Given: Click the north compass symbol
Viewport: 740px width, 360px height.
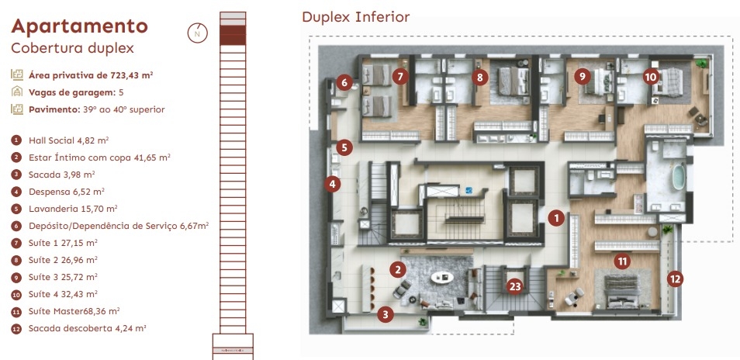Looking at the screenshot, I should (198, 33).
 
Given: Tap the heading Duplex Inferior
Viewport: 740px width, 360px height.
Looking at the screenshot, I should (355, 16).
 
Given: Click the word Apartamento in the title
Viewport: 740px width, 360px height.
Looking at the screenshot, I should (79, 26).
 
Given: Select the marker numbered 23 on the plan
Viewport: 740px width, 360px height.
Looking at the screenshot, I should (515, 286).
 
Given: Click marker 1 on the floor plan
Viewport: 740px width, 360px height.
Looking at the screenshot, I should (555, 218).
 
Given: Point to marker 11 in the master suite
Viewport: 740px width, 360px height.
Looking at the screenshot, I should (622, 261).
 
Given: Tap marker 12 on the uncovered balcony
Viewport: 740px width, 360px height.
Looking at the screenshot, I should (676, 277).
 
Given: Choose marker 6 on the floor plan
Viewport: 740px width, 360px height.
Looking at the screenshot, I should (345, 81).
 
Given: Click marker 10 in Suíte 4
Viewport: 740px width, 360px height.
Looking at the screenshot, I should (650, 77).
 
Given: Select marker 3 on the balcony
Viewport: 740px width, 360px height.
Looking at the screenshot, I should (386, 314).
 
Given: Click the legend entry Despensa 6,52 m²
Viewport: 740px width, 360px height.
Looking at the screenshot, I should (66, 191).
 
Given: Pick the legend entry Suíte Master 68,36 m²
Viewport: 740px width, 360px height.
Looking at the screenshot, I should (74, 311).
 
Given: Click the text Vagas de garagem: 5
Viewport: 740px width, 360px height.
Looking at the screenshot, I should (76, 92).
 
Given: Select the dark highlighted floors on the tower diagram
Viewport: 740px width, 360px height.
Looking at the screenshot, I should (232, 33).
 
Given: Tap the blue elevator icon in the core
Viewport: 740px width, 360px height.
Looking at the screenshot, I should (469, 190).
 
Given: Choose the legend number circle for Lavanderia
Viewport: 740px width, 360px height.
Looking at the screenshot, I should (16, 209).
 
